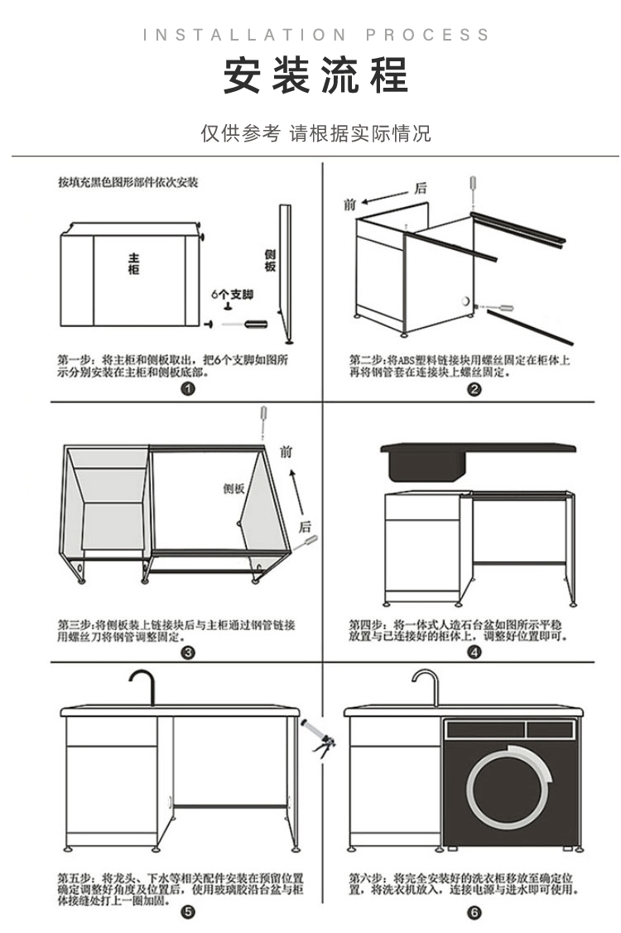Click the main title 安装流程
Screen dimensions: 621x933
tap(315, 75)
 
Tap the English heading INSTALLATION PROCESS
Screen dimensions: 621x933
tap(315, 35)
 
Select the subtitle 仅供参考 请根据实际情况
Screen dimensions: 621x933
tap(315, 133)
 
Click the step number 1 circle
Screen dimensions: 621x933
tap(188, 389)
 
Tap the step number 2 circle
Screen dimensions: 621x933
tap(474, 389)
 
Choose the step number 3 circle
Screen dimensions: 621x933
tap(188, 652)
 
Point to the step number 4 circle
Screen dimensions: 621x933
tap(474, 652)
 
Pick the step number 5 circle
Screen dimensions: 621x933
tap(188, 912)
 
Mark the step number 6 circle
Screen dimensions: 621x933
tap(474, 912)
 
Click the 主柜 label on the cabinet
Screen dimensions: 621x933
tap(134, 263)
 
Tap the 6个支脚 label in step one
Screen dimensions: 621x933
tap(232, 295)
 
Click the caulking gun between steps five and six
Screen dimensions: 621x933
tap(318, 738)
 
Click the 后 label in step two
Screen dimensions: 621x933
tap(421, 189)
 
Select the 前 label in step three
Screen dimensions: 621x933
tap(286, 452)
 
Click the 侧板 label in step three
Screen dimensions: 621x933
tap(234, 488)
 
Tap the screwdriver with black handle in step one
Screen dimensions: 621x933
tap(245, 325)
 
